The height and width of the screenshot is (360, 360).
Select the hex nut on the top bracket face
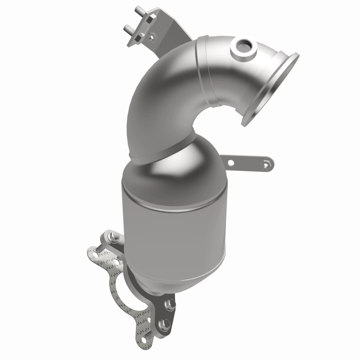(151, 36)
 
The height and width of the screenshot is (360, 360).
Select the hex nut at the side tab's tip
(268, 165)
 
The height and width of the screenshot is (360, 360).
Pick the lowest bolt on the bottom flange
(165, 324)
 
